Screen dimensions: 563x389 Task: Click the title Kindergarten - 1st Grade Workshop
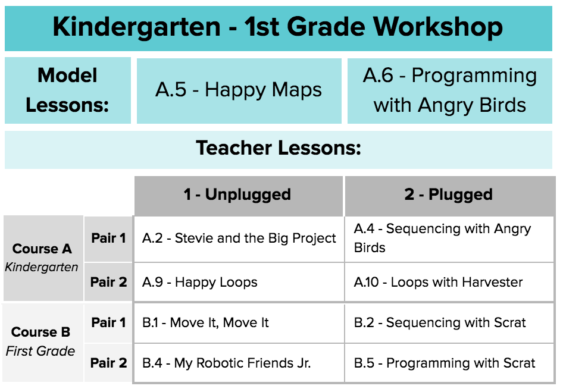279,28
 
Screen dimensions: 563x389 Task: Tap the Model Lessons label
67,90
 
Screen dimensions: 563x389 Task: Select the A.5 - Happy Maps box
239,91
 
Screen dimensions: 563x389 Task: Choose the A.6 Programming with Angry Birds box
449,91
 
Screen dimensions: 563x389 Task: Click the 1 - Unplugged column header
239,196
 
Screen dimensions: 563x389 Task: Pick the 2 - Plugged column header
449,196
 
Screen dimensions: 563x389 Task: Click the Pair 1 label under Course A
108,239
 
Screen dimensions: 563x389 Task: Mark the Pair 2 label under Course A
108,282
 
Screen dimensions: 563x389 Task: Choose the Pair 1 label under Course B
108,323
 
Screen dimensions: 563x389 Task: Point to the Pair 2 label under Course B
108,363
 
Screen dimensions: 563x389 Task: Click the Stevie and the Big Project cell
239,239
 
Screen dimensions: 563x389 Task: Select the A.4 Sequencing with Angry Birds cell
449,239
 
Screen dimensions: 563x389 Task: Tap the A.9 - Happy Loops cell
239,282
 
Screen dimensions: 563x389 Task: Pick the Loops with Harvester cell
449,282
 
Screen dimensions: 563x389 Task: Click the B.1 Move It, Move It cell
239,323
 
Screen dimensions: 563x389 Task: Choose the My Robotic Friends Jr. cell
239,363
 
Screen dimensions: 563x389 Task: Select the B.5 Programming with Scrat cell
449,363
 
